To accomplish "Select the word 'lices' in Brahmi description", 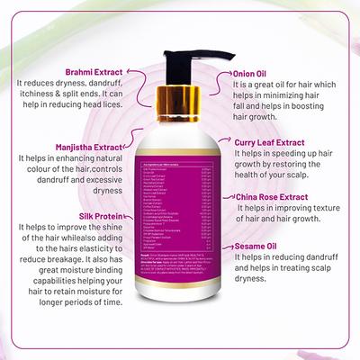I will [104, 122].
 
